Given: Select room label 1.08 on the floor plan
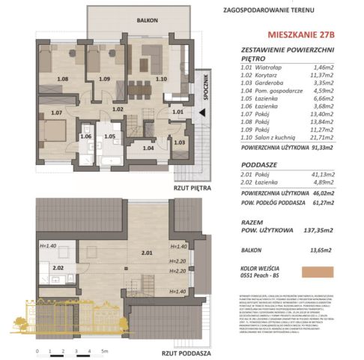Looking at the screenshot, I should click(x=63, y=78).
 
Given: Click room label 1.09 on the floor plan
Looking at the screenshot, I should click(x=104, y=78).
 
